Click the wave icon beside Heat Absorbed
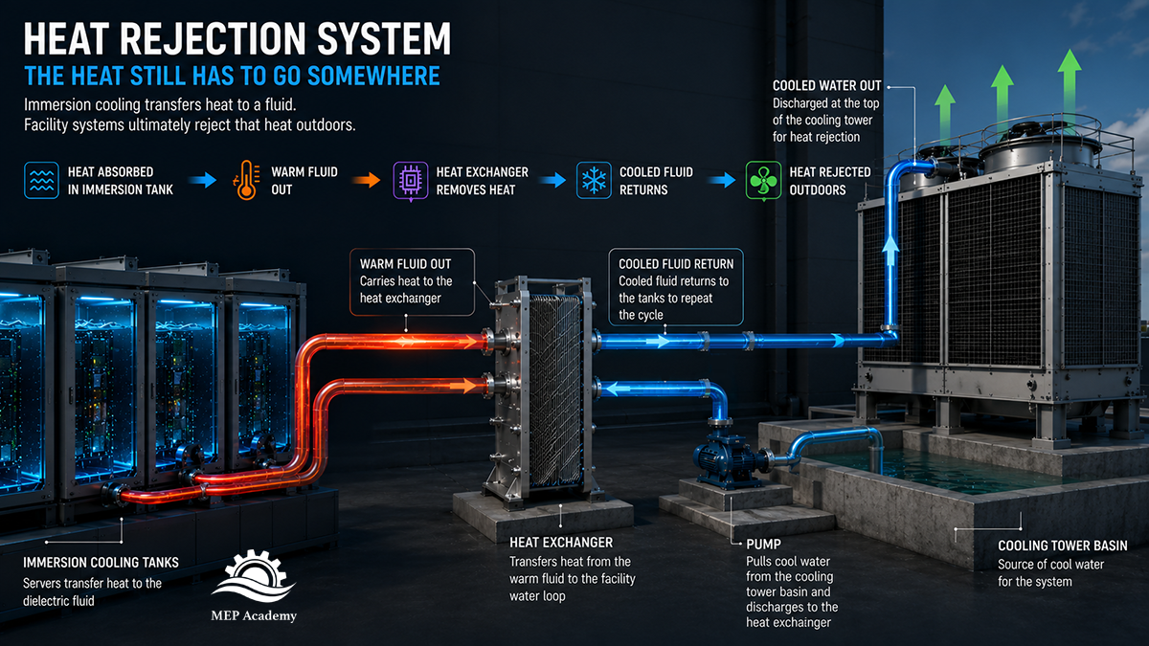pyautogui.click(x=41, y=181)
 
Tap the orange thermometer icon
pyautogui.click(x=246, y=181)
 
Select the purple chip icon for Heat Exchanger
pyautogui.click(x=411, y=181)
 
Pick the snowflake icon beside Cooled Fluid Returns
pyautogui.click(x=594, y=181)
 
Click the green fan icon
pyautogui.click(x=763, y=181)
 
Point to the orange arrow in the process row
pyautogui.click(x=366, y=180)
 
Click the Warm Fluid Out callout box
pyautogui.click(x=412, y=282)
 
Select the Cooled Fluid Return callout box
pyautogui.click(x=676, y=287)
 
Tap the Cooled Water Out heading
pyautogui.click(x=827, y=85)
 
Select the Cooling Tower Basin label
pyautogui.click(x=1062, y=546)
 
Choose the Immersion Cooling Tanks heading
pyautogui.click(x=101, y=563)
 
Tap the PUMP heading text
pyautogui.click(x=763, y=544)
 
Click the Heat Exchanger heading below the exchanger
pyautogui.click(x=561, y=543)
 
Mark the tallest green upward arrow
pyautogui.click(x=1070, y=91)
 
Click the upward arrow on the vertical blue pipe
pyautogui.click(x=890, y=250)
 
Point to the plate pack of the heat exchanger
pyautogui.click(x=555, y=390)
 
